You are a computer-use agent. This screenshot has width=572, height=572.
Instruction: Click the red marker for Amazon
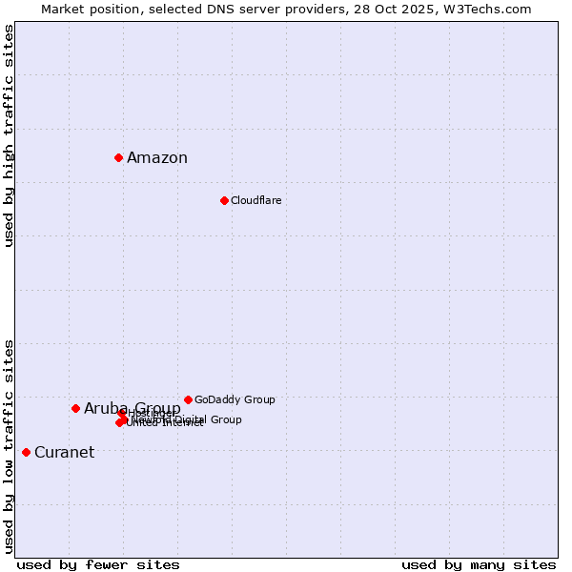coord(118,157)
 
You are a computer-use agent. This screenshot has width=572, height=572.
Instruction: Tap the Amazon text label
coord(157,158)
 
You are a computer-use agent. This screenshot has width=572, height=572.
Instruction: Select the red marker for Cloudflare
coord(224,200)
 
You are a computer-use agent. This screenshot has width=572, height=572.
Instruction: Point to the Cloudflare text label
coord(256,200)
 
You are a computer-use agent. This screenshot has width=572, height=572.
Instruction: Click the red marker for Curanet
coord(26,452)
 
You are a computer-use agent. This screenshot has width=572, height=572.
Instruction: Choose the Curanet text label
coord(65,453)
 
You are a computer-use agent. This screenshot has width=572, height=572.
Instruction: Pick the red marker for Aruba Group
coord(75,408)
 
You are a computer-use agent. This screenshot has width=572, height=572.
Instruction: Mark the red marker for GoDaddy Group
coord(188,399)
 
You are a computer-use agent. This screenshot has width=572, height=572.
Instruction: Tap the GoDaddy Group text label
coord(235,399)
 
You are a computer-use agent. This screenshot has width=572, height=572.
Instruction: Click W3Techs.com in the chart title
coord(484,9)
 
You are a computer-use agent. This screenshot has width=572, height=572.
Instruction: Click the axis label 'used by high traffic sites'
coord(9,135)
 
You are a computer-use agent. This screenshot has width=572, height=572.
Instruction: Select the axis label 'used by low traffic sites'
coord(9,445)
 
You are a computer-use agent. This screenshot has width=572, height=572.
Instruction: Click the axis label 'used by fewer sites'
coord(98,565)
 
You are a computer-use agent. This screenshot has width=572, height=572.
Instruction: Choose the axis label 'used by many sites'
coord(479,565)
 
